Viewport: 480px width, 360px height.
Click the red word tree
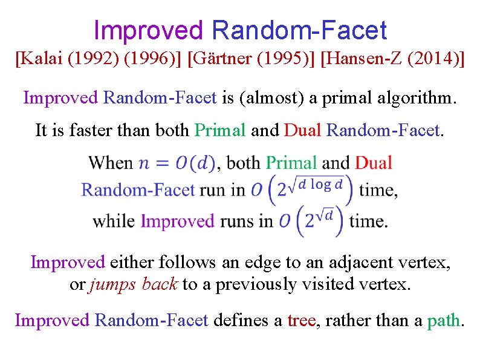click(301, 319)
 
